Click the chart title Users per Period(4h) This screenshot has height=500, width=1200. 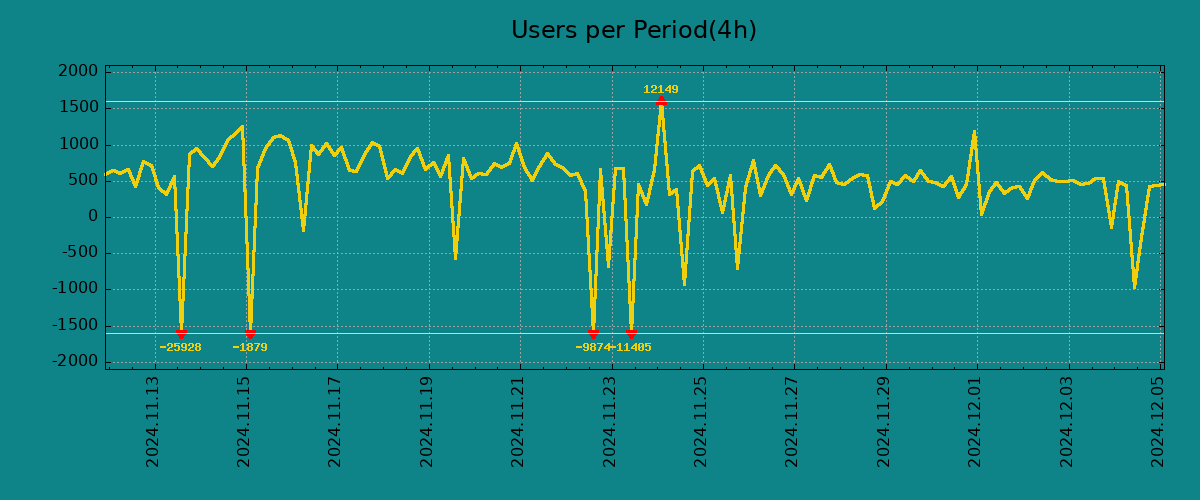tap(633, 31)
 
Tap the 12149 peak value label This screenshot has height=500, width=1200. tap(660, 90)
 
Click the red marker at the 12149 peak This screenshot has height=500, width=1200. tap(661, 101)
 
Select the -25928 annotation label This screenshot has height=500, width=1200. tap(180, 348)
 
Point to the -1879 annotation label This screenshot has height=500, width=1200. tap(250, 348)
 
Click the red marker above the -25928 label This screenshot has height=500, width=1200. tap(181, 333)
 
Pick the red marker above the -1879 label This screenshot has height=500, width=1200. tap(250, 333)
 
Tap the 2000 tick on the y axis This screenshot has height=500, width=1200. tap(79, 72)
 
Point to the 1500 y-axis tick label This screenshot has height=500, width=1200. tap(79, 108)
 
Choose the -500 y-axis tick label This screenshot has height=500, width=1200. tap(79, 253)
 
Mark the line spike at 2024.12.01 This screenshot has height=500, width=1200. tap(974, 132)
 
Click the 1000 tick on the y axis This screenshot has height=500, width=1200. tap(79, 145)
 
